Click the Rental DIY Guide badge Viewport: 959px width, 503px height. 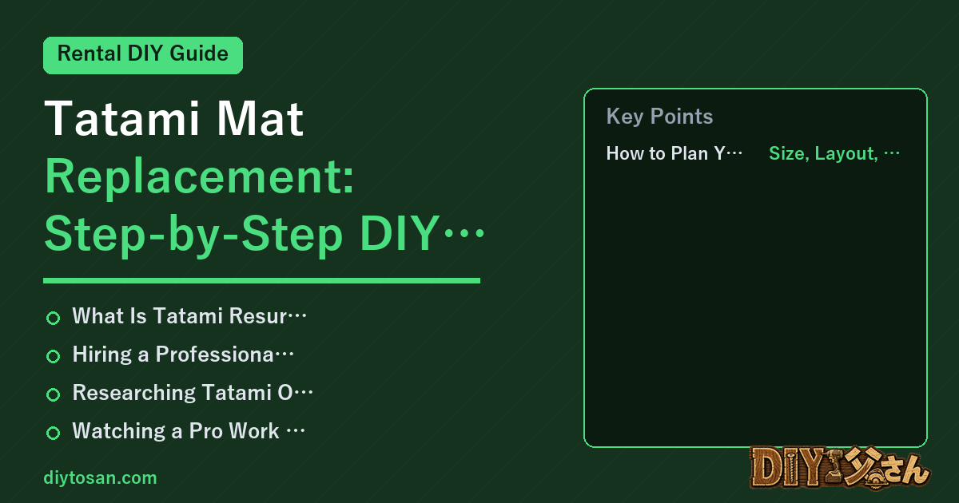(x=143, y=55)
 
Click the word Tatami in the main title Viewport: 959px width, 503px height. (x=122, y=118)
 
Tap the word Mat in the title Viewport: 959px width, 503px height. (x=260, y=118)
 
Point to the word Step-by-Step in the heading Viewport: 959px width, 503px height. (x=193, y=235)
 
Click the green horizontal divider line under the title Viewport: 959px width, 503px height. (x=261, y=280)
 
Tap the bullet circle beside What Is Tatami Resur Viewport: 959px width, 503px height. (x=53, y=318)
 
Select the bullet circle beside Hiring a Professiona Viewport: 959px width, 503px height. (x=53, y=356)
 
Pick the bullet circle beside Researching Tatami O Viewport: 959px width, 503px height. (x=53, y=394)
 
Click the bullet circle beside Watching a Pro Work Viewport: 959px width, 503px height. (x=53, y=433)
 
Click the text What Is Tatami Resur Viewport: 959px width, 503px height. (x=189, y=316)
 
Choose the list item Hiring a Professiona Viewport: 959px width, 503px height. (x=183, y=354)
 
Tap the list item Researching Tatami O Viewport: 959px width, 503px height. (x=193, y=393)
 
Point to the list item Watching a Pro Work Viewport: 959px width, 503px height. (x=189, y=431)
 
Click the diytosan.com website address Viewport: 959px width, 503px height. (x=100, y=477)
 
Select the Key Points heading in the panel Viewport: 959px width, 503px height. (x=659, y=117)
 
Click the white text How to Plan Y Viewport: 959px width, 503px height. (x=674, y=153)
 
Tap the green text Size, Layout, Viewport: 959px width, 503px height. (x=834, y=153)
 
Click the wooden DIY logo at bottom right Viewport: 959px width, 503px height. (x=840, y=468)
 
